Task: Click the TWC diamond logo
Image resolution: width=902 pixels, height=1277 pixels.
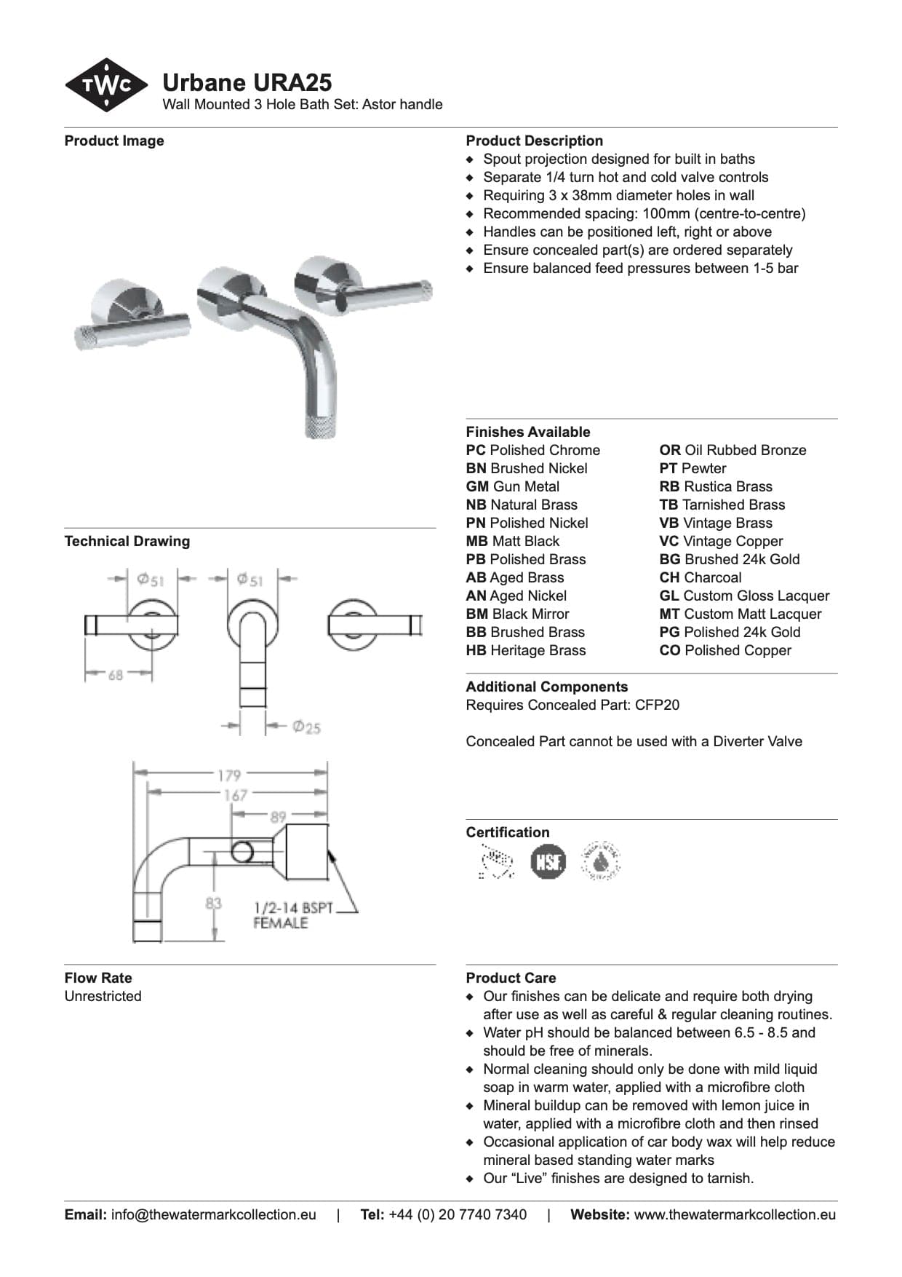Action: [106, 85]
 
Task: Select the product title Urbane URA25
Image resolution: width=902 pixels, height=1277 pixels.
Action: [247, 82]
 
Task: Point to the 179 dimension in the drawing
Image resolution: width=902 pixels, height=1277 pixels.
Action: [229, 775]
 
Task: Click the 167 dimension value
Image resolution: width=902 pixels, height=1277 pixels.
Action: [235, 795]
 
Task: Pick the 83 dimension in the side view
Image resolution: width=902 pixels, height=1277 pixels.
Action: [213, 904]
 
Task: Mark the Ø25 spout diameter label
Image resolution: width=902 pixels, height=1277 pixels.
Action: [306, 727]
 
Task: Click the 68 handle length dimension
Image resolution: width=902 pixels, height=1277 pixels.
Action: [116, 675]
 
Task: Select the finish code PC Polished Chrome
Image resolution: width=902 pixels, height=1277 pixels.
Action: [532, 450]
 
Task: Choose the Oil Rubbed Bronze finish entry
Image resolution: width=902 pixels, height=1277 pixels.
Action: [733, 450]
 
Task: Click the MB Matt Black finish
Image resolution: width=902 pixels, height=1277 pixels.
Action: [513, 541]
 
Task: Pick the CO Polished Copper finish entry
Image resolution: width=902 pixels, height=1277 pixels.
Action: [725, 650]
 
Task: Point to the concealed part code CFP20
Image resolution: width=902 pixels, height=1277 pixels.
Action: [657, 705]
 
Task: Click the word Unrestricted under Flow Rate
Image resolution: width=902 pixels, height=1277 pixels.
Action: [103, 996]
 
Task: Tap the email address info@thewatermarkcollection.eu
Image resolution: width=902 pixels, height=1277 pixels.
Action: [213, 1214]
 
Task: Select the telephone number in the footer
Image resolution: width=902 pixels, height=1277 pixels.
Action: [458, 1214]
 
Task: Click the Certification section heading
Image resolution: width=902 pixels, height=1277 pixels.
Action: [508, 832]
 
